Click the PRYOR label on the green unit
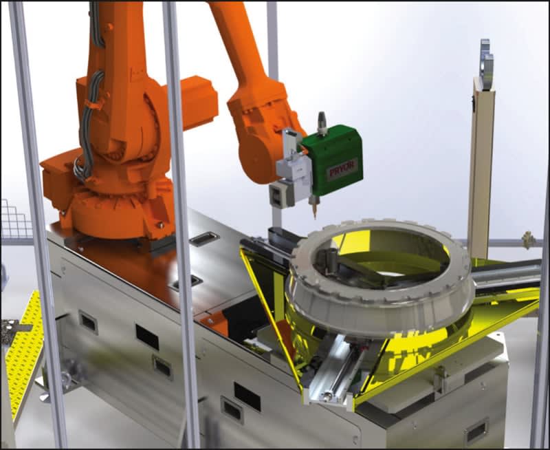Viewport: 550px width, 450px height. [342, 170]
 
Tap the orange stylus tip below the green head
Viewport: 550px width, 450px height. [315, 213]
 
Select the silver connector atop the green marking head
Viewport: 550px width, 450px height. [321, 123]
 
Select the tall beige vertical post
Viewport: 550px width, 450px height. [481, 169]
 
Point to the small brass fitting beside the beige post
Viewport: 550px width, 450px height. [527, 239]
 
